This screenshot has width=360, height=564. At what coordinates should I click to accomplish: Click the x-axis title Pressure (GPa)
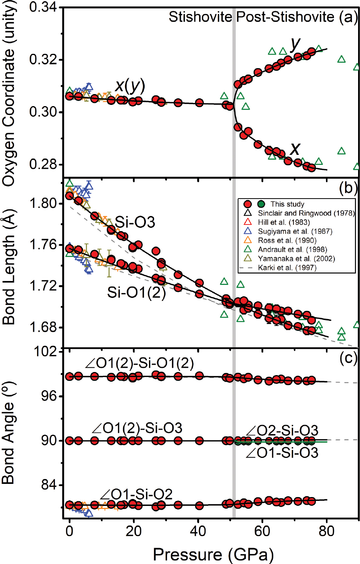click(213, 554)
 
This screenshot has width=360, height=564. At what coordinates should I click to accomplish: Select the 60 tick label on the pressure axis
click(262, 531)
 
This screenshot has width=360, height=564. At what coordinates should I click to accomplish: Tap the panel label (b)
click(348, 188)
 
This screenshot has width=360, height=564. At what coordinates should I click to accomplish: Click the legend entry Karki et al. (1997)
click(287, 267)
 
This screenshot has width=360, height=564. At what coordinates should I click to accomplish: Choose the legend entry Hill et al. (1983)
click(284, 222)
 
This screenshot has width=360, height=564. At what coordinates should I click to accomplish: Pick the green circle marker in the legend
click(261, 204)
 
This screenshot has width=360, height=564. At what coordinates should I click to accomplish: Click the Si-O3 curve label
click(135, 222)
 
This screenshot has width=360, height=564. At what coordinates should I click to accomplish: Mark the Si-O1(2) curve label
click(136, 292)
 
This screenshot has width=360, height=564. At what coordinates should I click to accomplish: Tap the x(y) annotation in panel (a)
click(130, 85)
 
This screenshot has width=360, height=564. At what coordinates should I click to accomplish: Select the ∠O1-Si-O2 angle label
click(136, 494)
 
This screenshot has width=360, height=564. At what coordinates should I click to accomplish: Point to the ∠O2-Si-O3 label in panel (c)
click(282, 430)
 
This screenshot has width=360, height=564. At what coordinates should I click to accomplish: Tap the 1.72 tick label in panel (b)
click(43, 286)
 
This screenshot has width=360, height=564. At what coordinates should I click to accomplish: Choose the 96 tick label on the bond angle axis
click(50, 396)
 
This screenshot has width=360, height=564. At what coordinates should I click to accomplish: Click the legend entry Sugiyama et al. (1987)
click(295, 231)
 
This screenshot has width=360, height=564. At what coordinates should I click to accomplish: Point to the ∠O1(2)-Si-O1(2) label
click(139, 363)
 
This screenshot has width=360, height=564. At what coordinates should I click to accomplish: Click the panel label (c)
click(348, 358)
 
